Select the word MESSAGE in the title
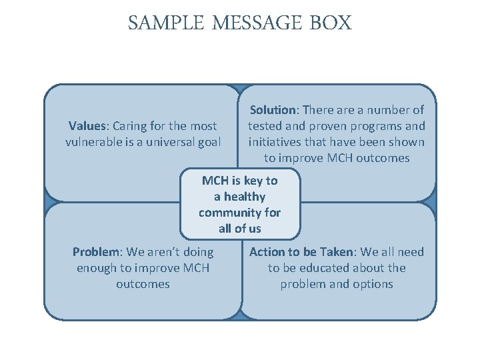pyautogui.click(x=258, y=23)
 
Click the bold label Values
pyautogui.click(x=89, y=126)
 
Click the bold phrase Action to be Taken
pyautogui.click(x=303, y=252)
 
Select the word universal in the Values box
pyautogui.click(x=165, y=142)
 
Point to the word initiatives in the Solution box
pyautogui.click(x=274, y=142)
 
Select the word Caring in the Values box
pyautogui.click(x=131, y=126)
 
